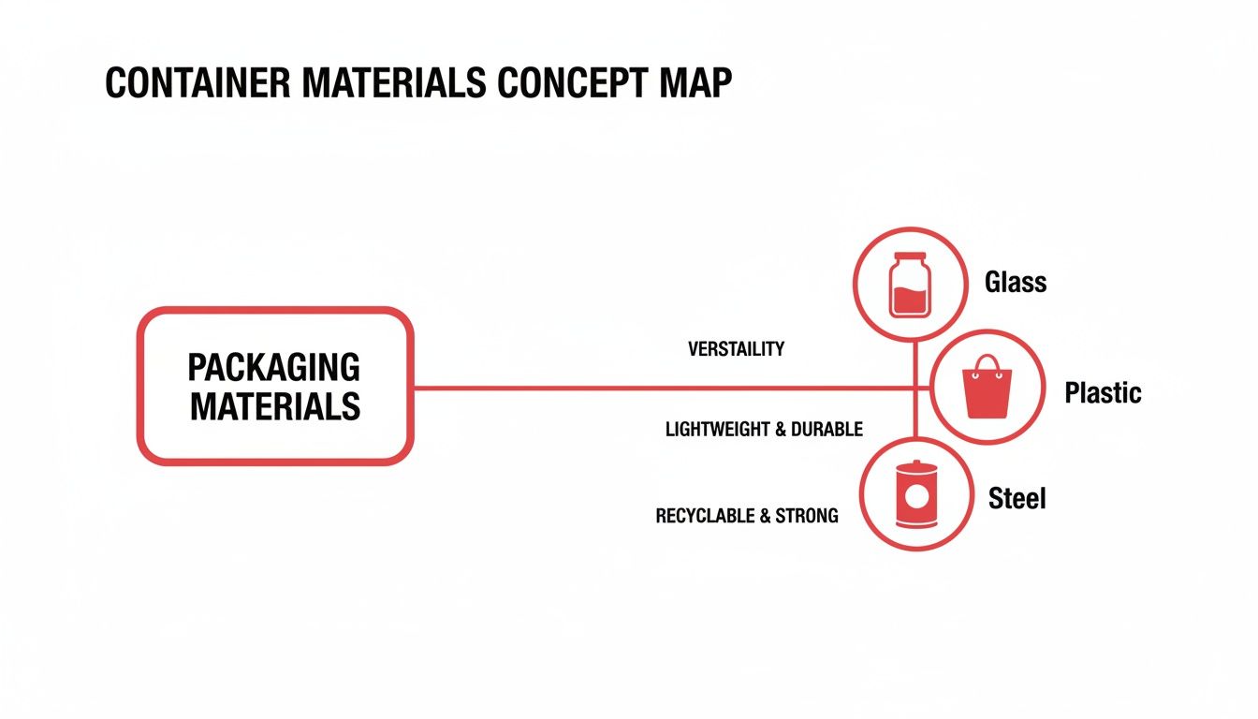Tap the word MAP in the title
click(695, 83)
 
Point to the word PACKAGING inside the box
click(274, 367)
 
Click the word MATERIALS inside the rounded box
click(275, 407)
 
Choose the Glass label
click(1016, 282)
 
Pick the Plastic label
click(1103, 392)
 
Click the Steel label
click(1017, 498)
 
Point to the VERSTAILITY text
click(736, 349)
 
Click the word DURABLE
click(826, 430)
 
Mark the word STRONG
click(807, 516)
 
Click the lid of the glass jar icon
click(909, 257)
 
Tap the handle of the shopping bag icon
click(987, 364)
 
